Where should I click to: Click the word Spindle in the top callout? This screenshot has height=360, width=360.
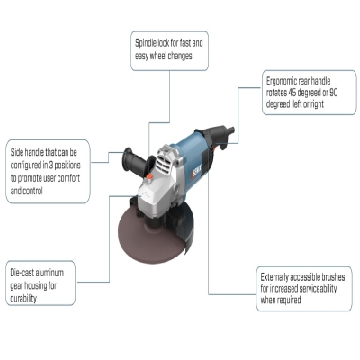[146, 43]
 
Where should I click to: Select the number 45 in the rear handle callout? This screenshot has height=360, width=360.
[292, 93]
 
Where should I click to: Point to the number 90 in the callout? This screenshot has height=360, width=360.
[334, 93]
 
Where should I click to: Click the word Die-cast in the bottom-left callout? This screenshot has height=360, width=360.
[22, 273]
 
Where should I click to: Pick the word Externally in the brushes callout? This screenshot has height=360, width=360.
[273, 277]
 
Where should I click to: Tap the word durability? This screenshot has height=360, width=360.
[23, 299]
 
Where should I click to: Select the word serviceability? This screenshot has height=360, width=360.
[318, 289]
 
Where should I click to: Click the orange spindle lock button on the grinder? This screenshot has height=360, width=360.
[148, 177]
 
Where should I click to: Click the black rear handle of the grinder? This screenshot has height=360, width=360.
[217, 136]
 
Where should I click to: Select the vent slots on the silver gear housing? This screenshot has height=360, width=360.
[165, 162]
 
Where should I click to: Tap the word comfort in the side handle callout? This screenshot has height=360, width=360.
[68, 178]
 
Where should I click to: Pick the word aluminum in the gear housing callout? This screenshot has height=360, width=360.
[49, 273]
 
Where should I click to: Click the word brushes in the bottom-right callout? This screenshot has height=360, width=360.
[333, 277]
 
